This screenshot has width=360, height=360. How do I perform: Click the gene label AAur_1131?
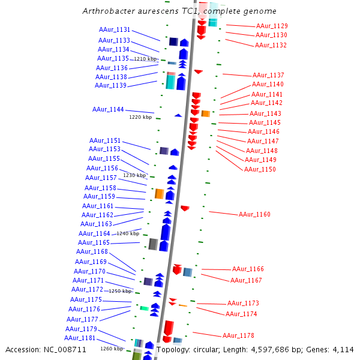[x=115, y=29]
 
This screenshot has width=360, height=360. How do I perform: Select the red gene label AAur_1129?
[x=272, y=26]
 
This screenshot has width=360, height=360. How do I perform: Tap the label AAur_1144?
[x=108, y=110]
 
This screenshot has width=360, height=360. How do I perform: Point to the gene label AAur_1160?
[x=254, y=214]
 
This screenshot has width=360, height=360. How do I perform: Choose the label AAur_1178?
[x=238, y=335]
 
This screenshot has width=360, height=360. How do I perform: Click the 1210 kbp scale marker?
[x=145, y=59]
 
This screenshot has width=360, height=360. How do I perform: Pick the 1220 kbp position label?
[x=140, y=117]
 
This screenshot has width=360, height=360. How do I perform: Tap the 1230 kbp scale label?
[x=134, y=175]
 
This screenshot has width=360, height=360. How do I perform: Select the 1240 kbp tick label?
[x=128, y=233]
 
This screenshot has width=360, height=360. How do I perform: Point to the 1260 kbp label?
[x=112, y=348]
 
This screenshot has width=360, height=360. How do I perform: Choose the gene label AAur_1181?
[x=80, y=338]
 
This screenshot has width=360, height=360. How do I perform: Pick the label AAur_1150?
[x=260, y=169]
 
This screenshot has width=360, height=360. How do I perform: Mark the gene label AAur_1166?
[x=248, y=269]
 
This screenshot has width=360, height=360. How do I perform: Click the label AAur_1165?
[x=94, y=242]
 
